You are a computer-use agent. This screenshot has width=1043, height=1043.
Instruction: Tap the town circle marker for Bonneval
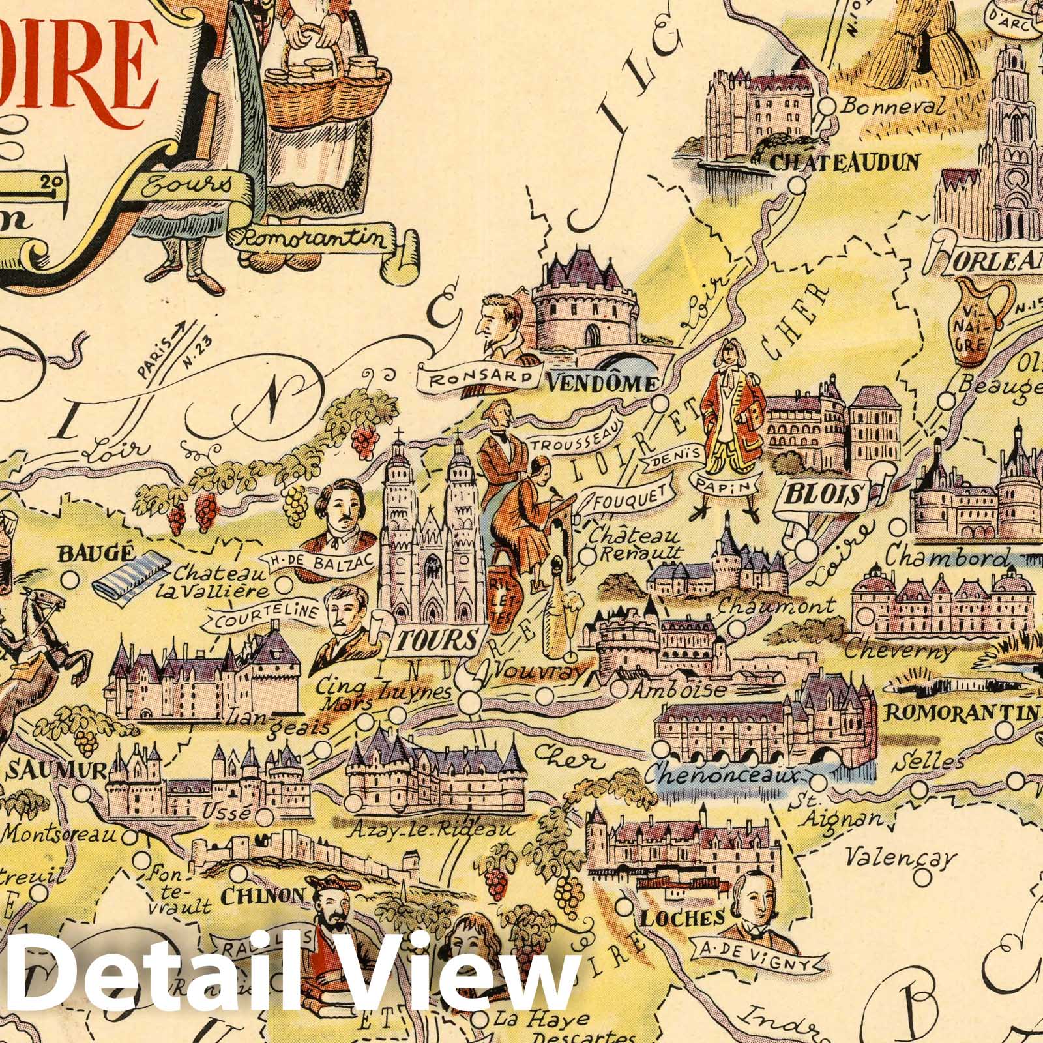point(828,106)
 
